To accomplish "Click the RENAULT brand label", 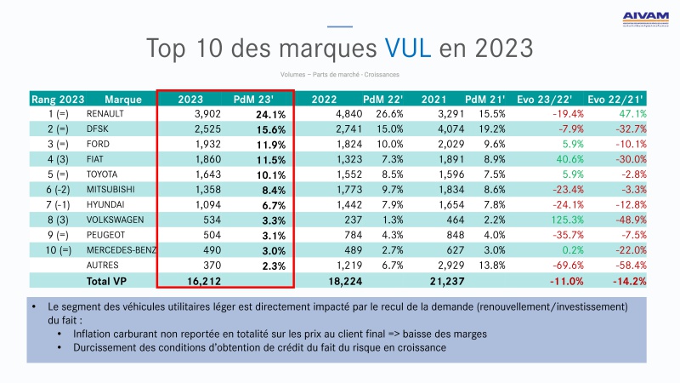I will pos(105,114).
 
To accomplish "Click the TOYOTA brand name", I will pos(104,175).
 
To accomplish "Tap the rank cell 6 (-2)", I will pos(59,191).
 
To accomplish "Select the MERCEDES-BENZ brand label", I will pos(122,252).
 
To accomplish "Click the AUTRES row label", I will pos(103,266).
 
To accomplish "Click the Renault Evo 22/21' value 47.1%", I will pos(632,114).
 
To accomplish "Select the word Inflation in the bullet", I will pos(96,334).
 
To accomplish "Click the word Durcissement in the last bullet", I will pos(108,348).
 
